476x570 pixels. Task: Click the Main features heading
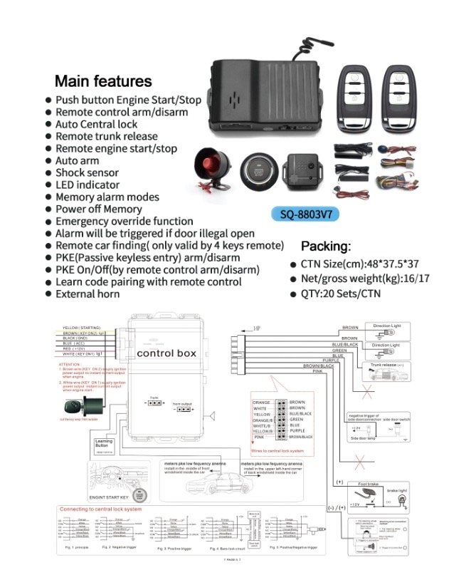click(103, 81)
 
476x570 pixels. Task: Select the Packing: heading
click(326, 247)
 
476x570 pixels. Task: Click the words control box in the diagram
click(165, 353)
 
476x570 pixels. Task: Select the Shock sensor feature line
click(87, 172)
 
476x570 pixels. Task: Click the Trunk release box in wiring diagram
click(386, 365)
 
